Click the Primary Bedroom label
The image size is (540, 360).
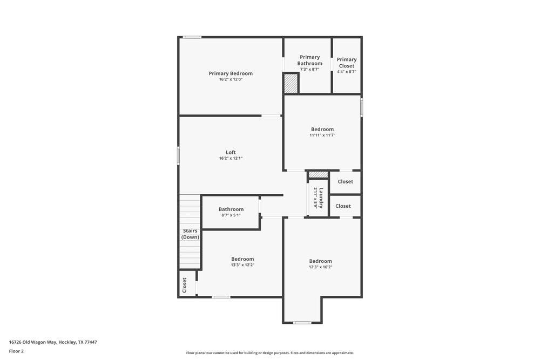(231, 73)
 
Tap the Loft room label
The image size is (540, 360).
(231, 152)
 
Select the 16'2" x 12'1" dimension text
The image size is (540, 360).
(231, 158)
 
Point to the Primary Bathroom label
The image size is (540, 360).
(310, 60)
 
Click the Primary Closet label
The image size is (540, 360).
(347, 63)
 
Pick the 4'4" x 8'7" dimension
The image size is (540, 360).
(347, 72)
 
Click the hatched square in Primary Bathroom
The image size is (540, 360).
(291, 84)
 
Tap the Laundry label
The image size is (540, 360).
(321, 198)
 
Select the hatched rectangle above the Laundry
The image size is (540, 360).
(318, 175)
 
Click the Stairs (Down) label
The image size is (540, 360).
(190, 234)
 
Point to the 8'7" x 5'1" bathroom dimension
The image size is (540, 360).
(231, 215)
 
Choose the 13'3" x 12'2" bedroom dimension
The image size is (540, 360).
(242, 265)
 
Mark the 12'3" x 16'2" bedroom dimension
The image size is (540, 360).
(321, 267)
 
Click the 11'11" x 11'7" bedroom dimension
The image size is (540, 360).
(322, 135)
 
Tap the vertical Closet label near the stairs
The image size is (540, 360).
(185, 284)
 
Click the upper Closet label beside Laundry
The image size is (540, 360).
(346, 182)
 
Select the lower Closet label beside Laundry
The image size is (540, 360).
(343, 206)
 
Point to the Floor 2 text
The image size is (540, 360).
(16, 351)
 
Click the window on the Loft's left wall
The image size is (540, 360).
(178, 155)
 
